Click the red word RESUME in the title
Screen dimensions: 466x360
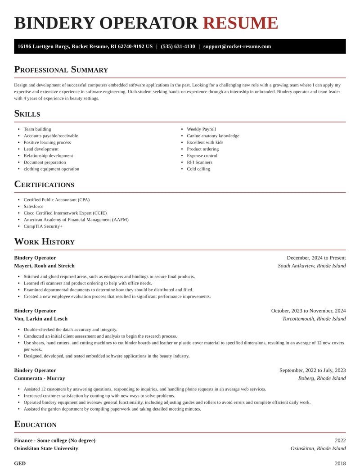click(x=240, y=23)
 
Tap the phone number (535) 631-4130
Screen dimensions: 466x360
click(x=178, y=46)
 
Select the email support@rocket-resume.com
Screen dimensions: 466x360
click(x=237, y=46)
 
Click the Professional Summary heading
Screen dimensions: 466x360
click(x=61, y=70)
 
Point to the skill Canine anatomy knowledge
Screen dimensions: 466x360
click(x=213, y=136)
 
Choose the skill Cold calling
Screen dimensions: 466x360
click(x=198, y=169)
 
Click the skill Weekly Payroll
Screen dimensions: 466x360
click(x=201, y=129)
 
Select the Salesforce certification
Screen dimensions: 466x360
click(x=34, y=206)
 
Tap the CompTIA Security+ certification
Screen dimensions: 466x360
click(x=43, y=226)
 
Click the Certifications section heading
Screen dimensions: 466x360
click(x=44, y=185)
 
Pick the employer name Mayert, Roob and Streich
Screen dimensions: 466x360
click(x=44, y=266)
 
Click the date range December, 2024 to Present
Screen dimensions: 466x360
click(x=316, y=258)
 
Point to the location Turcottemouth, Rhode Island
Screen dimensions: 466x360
click(x=314, y=319)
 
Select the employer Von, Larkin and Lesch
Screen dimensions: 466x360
click(x=41, y=319)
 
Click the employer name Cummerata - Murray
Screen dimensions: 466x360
click(x=40, y=378)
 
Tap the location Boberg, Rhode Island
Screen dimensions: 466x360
click(x=322, y=378)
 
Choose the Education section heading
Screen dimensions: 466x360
click(x=36, y=425)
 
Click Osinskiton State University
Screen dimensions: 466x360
click(x=46, y=448)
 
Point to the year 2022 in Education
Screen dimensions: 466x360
click(x=340, y=440)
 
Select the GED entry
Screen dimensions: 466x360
click(x=20, y=463)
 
